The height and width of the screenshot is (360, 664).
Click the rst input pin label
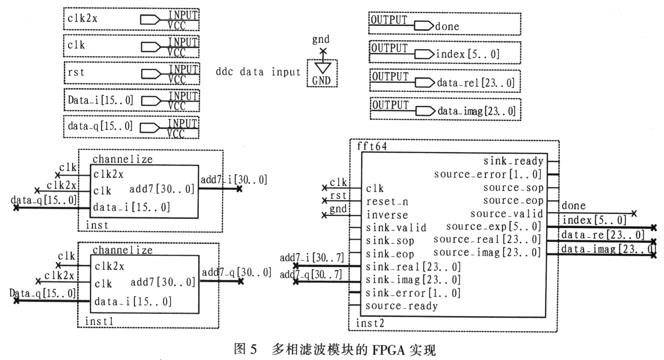point(76,72)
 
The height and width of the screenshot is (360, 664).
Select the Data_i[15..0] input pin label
point(100,100)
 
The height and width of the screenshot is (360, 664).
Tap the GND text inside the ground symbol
point(322,81)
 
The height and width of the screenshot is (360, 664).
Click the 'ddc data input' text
point(258,72)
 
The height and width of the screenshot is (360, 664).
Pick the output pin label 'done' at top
point(447,27)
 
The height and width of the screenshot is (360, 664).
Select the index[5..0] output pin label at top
point(468,54)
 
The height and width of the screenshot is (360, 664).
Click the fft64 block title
point(372,146)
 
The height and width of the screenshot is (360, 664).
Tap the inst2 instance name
point(370,323)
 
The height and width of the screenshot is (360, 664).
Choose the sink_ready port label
point(513,161)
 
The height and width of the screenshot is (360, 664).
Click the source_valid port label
point(507,214)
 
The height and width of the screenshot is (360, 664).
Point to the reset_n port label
point(387,202)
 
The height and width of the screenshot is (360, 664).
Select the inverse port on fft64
point(387,215)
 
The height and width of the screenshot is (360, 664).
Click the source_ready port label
point(401,306)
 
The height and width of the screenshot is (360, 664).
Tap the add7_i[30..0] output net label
point(234,180)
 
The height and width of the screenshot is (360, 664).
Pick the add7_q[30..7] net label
point(311,274)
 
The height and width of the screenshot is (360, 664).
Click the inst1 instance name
point(99,321)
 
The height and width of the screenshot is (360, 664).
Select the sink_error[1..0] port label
point(413,293)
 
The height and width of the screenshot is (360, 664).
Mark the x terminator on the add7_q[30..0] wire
point(241,281)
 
